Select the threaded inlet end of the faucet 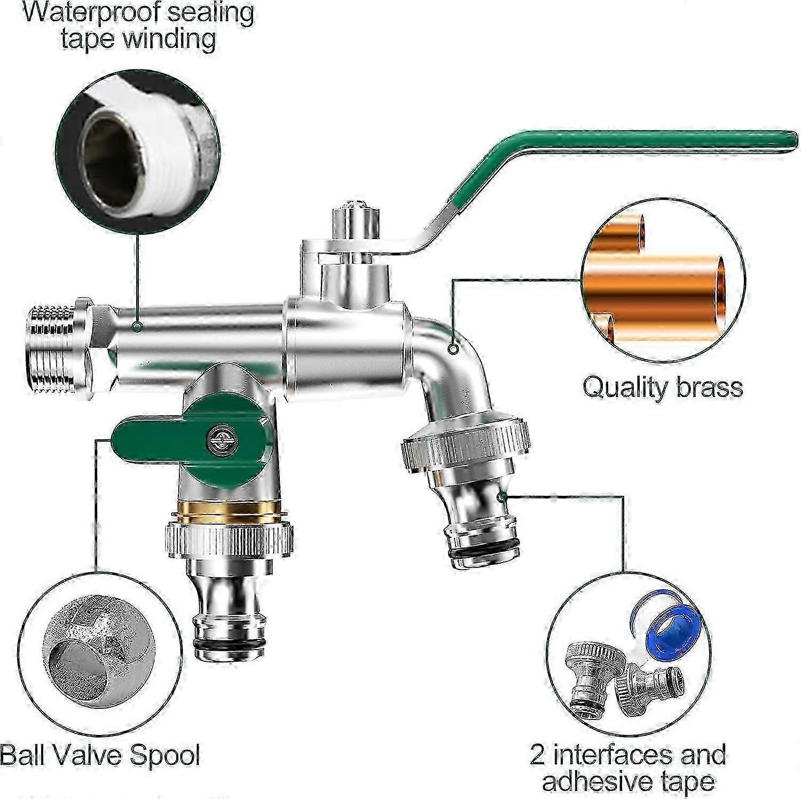(51, 349)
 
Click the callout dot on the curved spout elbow (453, 350)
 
